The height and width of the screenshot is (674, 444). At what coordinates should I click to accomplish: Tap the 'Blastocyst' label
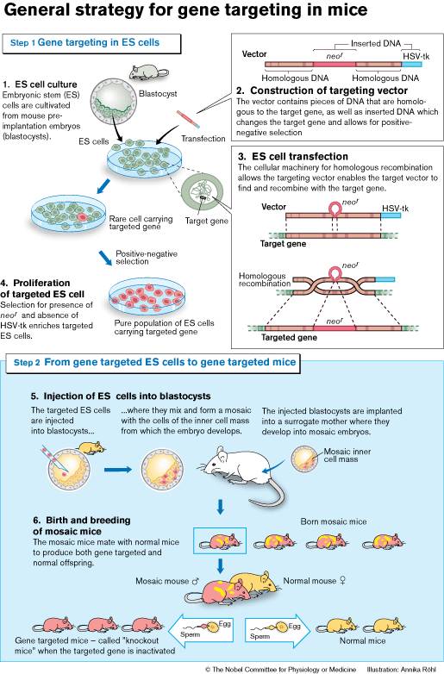point(157,94)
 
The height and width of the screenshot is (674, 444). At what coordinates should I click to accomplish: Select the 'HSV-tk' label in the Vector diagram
point(416,56)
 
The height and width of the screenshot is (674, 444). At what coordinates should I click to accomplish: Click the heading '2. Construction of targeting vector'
point(322,90)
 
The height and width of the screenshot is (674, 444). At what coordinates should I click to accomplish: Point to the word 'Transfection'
point(203,139)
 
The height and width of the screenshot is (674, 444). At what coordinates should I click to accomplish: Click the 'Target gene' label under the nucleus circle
point(206,221)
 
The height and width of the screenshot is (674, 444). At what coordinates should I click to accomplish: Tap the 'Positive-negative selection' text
point(147,258)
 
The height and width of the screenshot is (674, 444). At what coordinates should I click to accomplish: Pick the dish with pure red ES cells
point(147,296)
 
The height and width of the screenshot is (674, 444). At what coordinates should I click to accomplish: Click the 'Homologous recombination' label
point(265,280)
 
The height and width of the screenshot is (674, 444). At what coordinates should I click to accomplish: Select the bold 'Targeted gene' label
point(289,337)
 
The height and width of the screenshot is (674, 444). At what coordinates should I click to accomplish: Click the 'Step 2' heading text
point(154,362)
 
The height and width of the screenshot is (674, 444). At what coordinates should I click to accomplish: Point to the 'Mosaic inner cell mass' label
point(347,455)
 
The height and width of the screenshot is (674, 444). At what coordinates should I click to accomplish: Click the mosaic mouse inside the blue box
point(220,540)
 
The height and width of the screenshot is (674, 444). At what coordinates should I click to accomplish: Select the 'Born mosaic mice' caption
point(334,521)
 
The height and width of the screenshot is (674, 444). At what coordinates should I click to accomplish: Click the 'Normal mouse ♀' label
point(315,581)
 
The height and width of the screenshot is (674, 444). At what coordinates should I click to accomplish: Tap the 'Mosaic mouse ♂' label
point(167,581)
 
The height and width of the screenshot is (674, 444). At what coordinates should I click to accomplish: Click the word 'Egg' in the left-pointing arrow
point(225,624)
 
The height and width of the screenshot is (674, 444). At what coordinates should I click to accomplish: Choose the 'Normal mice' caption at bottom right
point(362,640)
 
